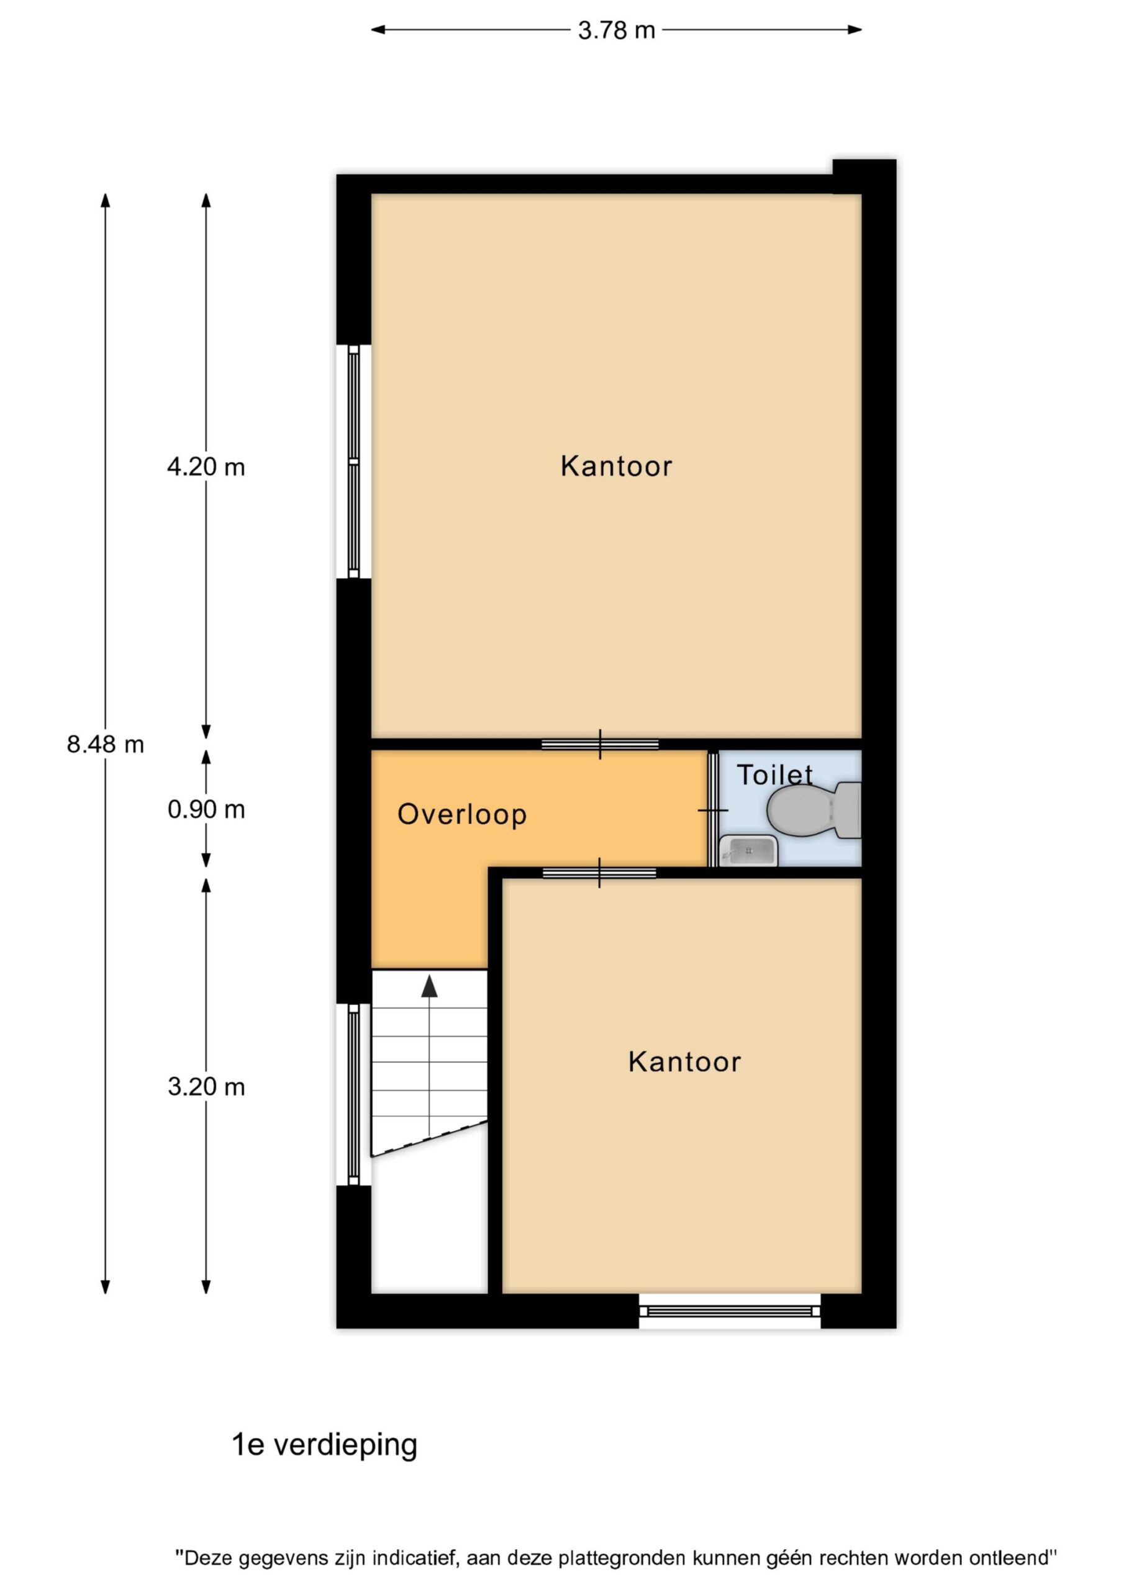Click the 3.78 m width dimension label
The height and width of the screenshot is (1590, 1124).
617,30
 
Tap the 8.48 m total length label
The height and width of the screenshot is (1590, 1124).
106,745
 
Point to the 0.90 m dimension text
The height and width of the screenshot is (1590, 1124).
206,809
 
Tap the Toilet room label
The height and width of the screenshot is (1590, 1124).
774,775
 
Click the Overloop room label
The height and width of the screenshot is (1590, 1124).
462,814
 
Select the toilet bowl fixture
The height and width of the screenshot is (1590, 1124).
814,809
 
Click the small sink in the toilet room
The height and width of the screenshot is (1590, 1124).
749,850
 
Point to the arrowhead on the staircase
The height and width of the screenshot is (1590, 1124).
429,986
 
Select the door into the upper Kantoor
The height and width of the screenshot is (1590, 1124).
600,745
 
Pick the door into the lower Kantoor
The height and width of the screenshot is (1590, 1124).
599,873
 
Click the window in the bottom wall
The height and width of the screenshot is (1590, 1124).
729,1311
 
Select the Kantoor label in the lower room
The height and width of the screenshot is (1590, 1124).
684,1061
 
